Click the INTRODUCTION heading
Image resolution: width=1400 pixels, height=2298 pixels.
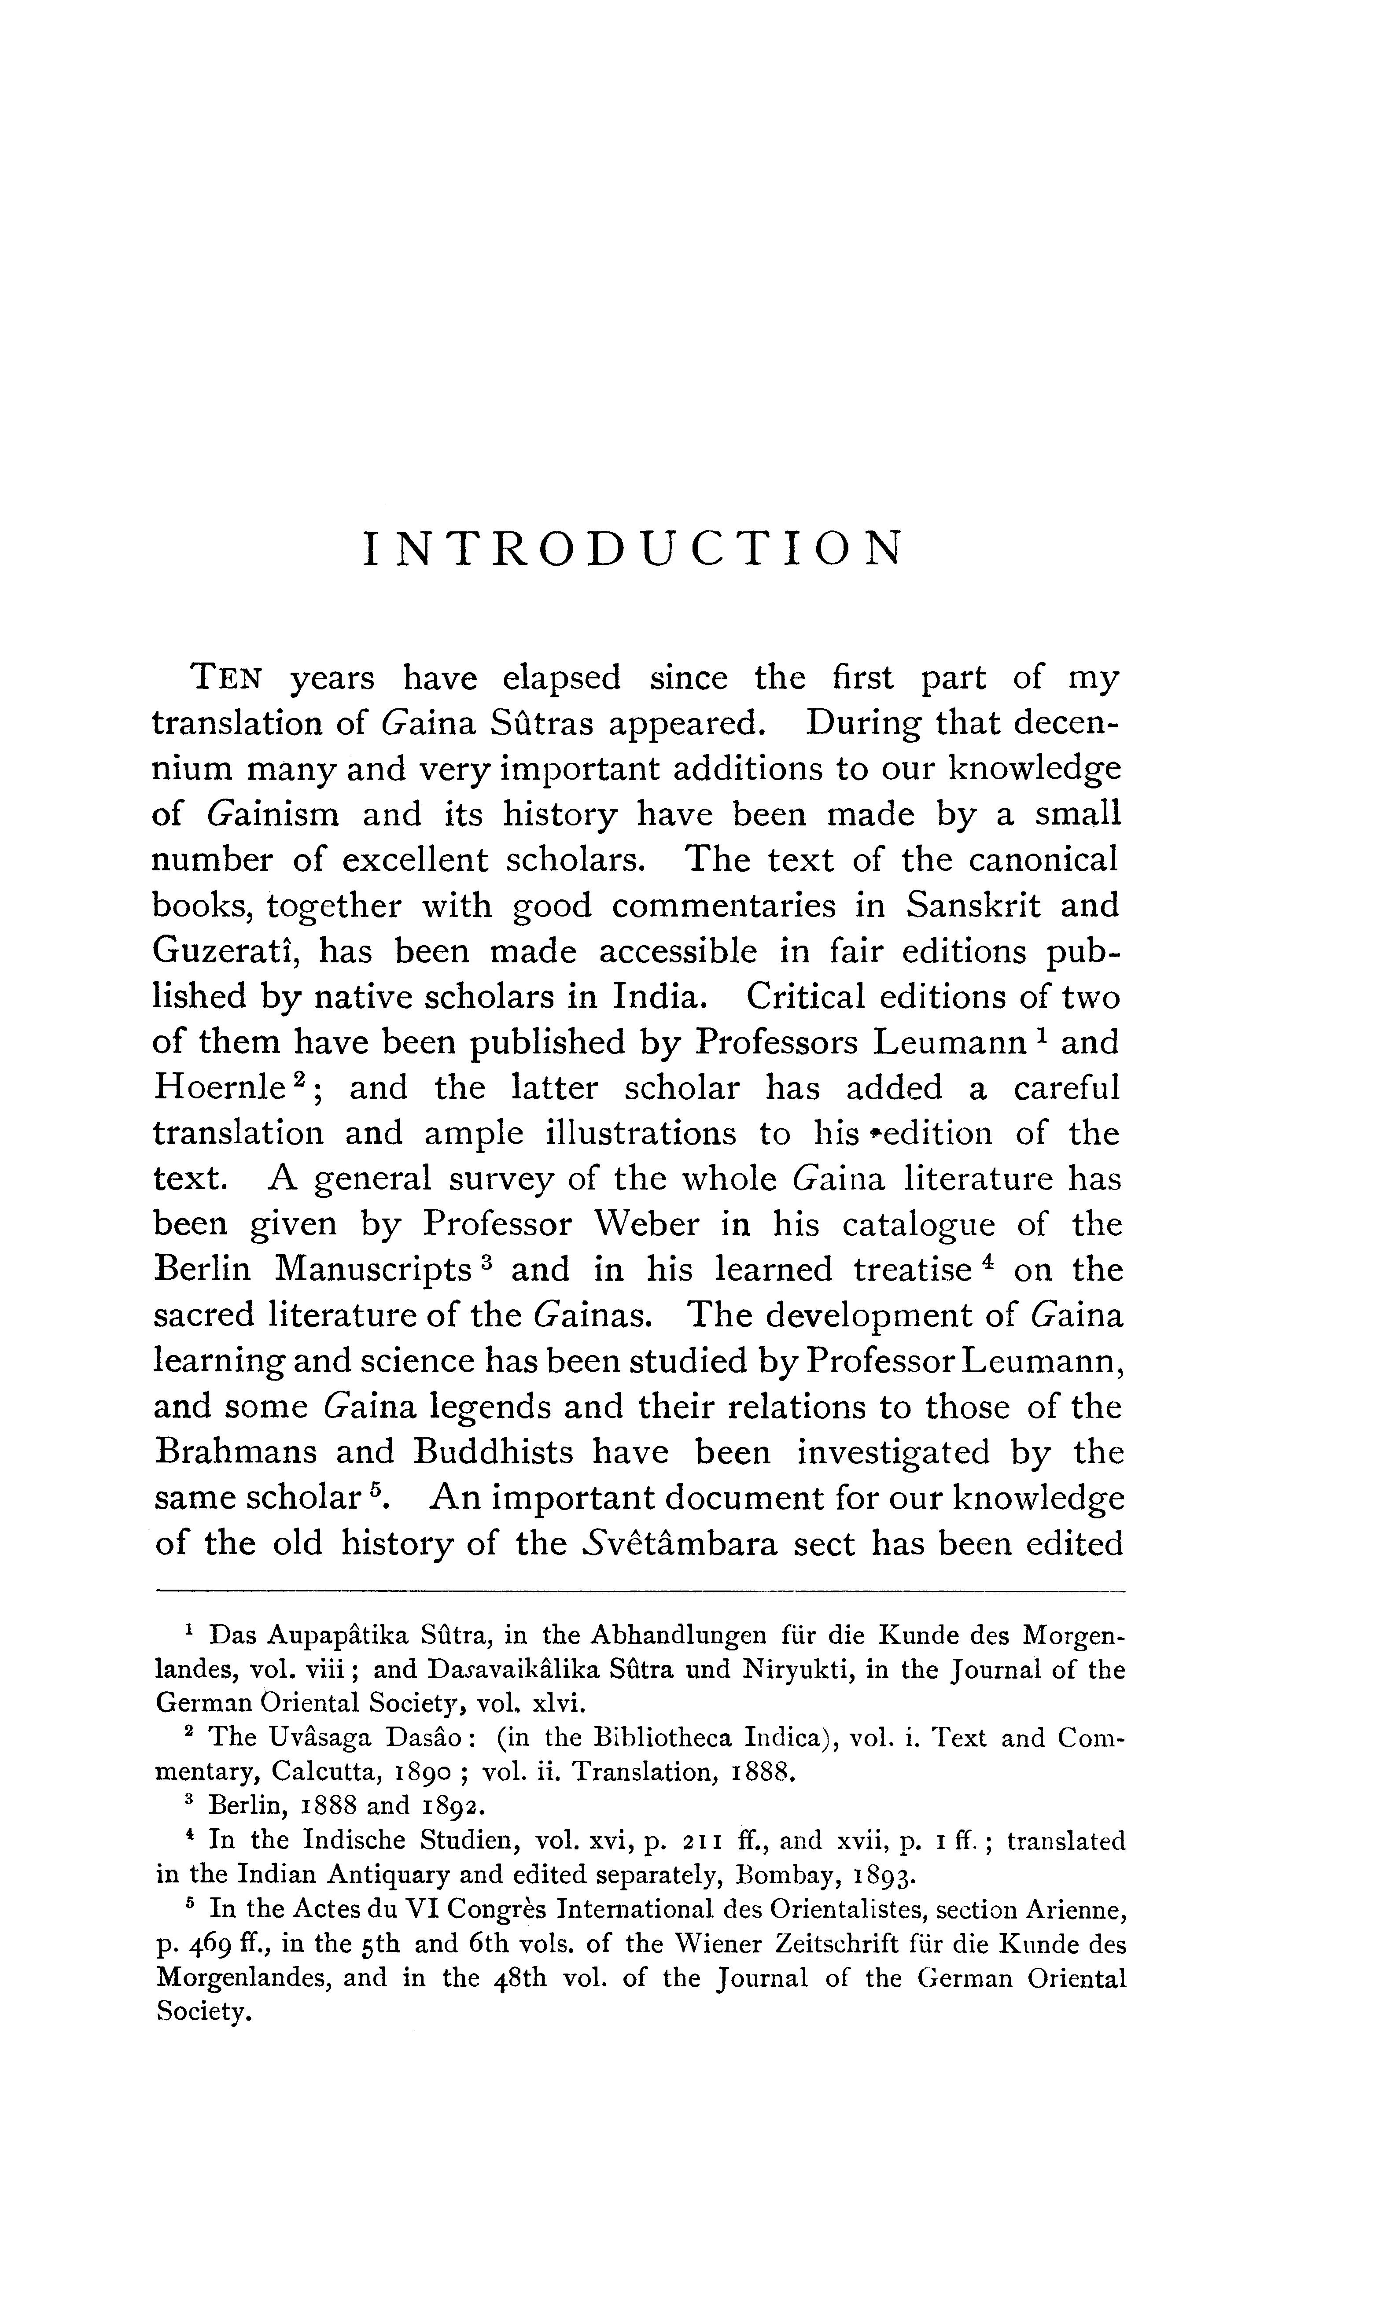pyautogui.click(x=632, y=549)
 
